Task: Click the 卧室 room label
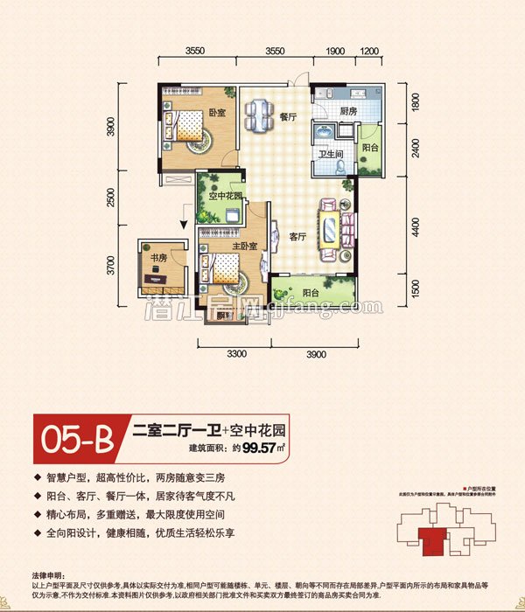pyautogui.click(x=218, y=114)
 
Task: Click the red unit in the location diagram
pyautogui.click(x=430, y=537)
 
